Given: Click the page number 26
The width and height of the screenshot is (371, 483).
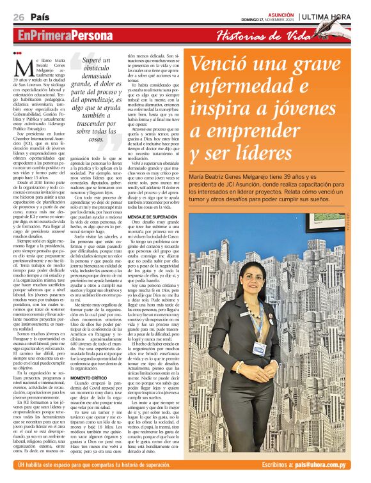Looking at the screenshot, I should (19, 17).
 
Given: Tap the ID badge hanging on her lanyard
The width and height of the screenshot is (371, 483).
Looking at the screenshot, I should (258, 349).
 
